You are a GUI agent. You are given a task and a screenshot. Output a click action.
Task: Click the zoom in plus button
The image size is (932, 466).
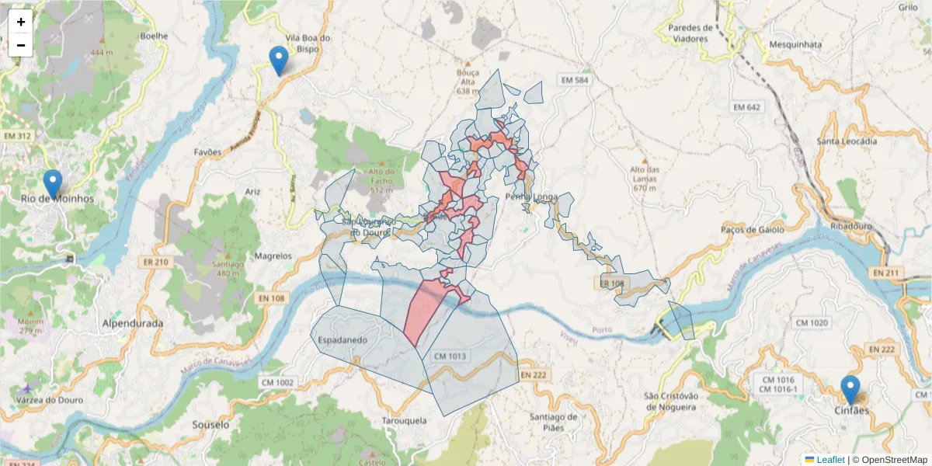pyautogui.click(x=21, y=22)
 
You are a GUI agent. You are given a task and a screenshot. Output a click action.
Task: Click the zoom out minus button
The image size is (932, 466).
pyautogui.click(x=21, y=45)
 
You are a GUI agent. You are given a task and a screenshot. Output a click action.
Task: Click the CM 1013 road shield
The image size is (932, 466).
pyautogui.click(x=450, y=356)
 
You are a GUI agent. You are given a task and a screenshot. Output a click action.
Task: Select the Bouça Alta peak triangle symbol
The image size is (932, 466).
pyautogui.click(x=468, y=63)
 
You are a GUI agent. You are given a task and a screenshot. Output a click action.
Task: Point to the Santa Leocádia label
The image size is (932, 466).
pyautogui.click(x=847, y=141)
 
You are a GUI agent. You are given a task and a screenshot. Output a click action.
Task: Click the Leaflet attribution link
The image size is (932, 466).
pyautogui.click(x=829, y=460)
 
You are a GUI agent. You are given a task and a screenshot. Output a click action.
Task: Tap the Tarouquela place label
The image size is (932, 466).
pyautogui.click(x=405, y=420)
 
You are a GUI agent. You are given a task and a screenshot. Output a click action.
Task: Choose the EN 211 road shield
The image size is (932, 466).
pyautogui.click(x=885, y=273)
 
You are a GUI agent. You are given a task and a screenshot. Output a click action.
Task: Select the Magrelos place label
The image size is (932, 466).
pyautogui.click(x=273, y=256)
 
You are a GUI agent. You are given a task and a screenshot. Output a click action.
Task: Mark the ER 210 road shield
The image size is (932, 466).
pyautogui.click(x=155, y=263)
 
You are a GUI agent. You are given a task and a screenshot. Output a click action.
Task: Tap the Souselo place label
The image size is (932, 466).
pyautogui.click(x=210, y=425)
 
